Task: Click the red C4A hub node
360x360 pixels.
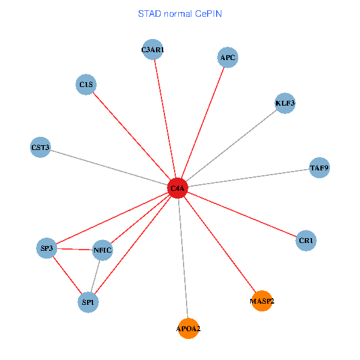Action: click(178, 188)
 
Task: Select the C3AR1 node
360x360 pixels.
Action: click(152, 50)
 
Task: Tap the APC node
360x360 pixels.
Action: click(227, 58)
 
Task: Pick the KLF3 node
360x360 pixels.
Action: click(285, 103)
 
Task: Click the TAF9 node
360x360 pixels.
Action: click(319, 168)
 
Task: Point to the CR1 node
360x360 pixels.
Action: click(306, 241)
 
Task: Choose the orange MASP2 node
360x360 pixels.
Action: click(262, 301)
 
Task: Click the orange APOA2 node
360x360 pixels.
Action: click(188, 329)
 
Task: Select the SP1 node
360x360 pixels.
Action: click(88, 302)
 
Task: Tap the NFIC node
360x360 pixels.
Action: click(103, 250)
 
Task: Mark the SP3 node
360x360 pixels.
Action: click(47, 248)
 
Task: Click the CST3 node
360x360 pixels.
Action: click(40, 147)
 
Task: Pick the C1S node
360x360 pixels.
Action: click(86, 85)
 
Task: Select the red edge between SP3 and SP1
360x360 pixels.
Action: click(67, 275)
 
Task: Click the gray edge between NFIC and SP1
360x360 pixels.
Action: click(95, 277)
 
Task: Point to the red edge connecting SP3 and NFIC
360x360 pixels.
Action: click(75, 249)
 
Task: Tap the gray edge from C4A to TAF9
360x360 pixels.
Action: click(248, 178)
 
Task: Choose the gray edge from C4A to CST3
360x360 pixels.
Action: click(109, 167)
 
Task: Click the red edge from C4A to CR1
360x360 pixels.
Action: click(242, 215)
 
